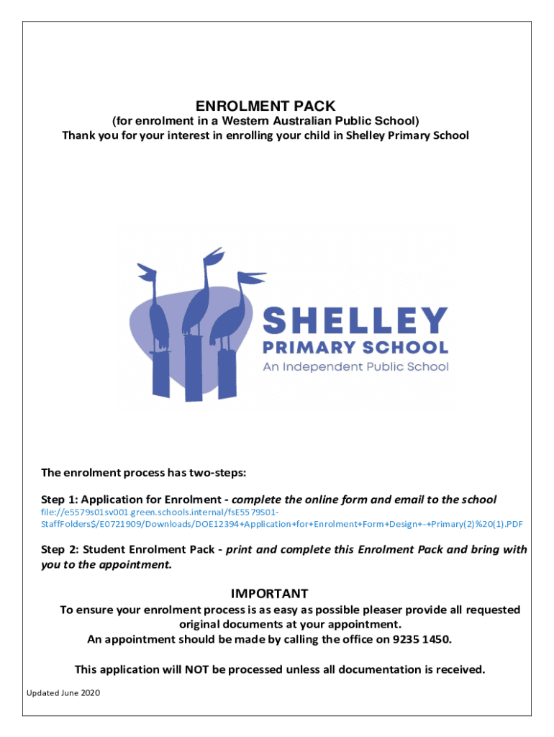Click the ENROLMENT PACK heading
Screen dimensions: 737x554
pyautogui.click(x=266, y=106)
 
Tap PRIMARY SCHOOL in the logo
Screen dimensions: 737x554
pyautogui.click(x=355, y=348)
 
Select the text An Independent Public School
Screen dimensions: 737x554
pyautogui.click(x=355, y=366)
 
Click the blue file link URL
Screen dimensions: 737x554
pyautogui.click(x=281, y=517)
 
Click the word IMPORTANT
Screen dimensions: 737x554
pyautogui.click(x=269, y=594)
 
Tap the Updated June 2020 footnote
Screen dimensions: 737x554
pyautogui.click(x=63, y=693)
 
